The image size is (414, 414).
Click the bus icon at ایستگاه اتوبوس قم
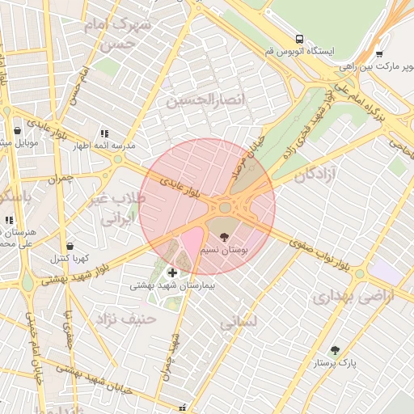tap(300, 39)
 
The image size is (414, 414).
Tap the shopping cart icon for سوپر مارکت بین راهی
tap(379, 55)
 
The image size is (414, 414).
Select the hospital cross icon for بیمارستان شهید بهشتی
tap(172, 272)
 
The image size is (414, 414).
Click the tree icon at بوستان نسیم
tap(224, 237)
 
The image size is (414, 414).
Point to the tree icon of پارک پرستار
tap(335, 350)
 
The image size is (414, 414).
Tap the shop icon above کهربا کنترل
tap(70, 246)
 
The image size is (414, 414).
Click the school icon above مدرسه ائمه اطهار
tap(103, 133)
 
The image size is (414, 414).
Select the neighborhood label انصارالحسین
tap(205, 100)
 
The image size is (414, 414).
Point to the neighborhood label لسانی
tap(238, 321)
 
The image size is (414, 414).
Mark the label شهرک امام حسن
tap(121, 34)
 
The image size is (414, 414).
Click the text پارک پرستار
tap(336, 364)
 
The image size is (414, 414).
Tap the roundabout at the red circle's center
tap(224, 209)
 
